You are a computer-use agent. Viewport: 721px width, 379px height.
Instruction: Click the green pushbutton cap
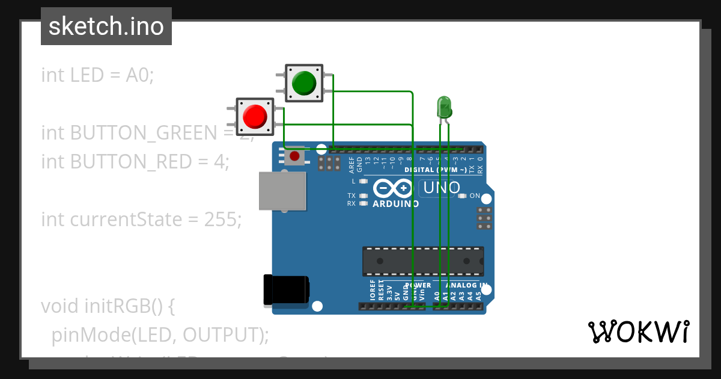coord(304,83)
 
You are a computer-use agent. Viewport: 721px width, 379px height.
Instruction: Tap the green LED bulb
coord(443,107)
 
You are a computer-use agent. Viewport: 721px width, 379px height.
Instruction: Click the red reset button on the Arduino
coord(294,156)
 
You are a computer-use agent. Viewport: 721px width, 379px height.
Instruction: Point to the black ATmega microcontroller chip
coord(422,261)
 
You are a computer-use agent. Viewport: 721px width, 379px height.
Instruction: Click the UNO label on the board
coord(442,188)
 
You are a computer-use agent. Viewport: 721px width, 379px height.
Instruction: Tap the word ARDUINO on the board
coord(395,203)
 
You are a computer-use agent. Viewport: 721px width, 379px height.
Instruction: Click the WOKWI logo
coord(638,331)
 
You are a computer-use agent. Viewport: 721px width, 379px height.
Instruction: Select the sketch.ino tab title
coord(106,26)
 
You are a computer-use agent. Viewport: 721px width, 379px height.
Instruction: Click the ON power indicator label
coord(475,196)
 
